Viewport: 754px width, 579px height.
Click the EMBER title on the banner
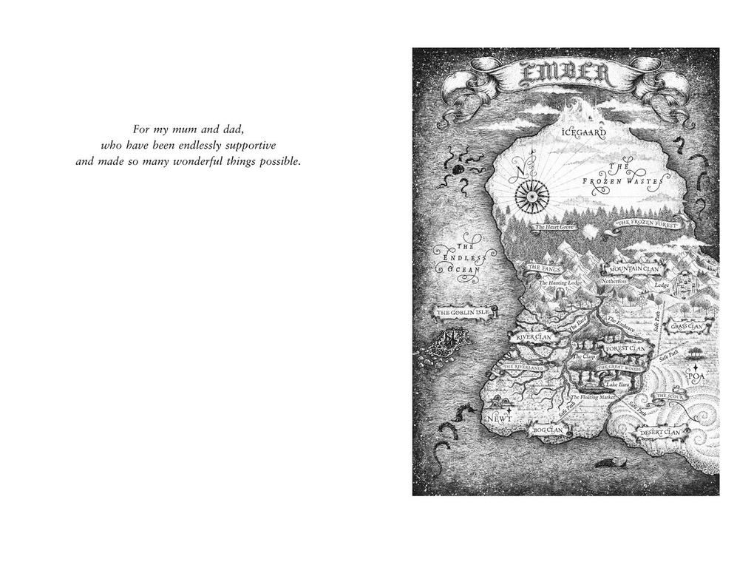(565, 75)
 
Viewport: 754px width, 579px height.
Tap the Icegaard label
(583, 134)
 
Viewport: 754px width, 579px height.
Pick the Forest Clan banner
(625, 348)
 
